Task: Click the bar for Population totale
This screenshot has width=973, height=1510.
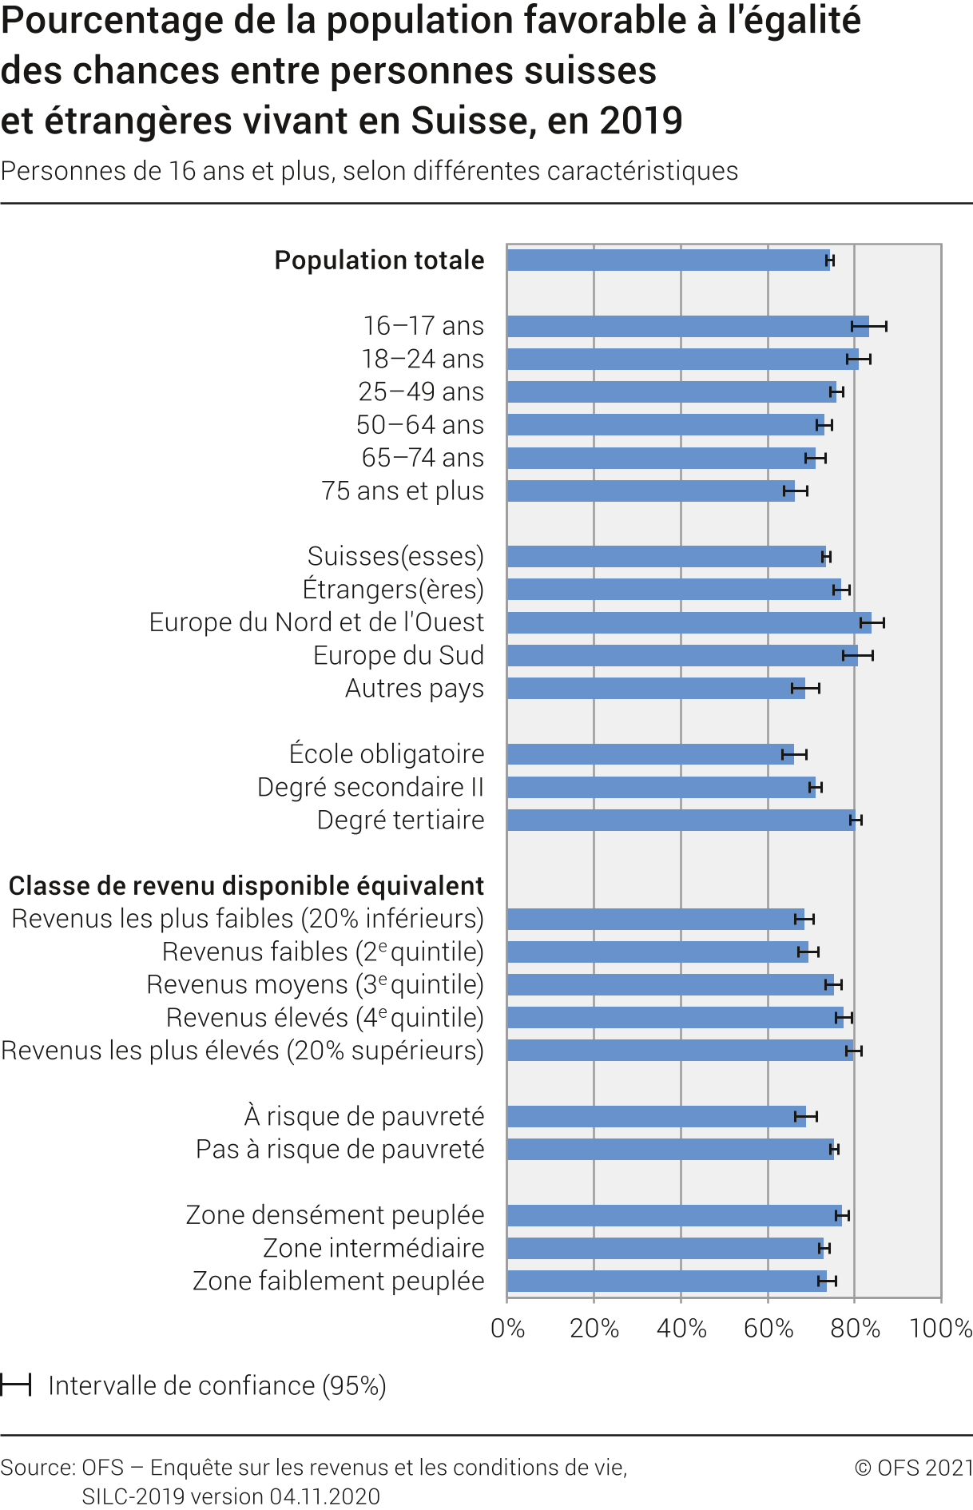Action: (x=668, y=260)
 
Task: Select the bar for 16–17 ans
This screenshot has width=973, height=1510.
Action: (x=687, y=326)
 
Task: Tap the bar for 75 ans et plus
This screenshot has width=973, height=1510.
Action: (x=650, y=491)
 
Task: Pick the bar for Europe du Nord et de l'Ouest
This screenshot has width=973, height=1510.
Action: (x=689, y=622)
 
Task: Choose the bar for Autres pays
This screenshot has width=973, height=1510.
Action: (x=655, y=688)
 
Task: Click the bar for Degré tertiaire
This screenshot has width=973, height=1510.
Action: (x=681, y=820)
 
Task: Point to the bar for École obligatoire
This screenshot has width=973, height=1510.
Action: (x=650, y=754)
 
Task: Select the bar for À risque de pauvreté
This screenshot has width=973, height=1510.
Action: (x=656, y=1116)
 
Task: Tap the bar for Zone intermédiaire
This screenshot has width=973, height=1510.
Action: (x=665, y=1248)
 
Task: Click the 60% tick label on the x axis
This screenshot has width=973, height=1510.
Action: (x=768, y=1329)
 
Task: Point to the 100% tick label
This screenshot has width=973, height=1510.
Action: (x=940, y=1329)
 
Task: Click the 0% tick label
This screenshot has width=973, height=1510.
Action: (x=508, y=1329)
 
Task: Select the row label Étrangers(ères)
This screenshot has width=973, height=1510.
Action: (x=393, y=590)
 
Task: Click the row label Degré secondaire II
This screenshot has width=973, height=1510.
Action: (x=371, y=787)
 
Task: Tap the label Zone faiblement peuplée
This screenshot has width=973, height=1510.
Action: (x=339, y=1281)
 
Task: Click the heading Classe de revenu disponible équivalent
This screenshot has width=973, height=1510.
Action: (x=246, y=886)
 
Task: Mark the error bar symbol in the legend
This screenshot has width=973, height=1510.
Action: (x=15, y=1385)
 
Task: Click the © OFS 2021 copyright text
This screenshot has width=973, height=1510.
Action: (x=913, y=1468)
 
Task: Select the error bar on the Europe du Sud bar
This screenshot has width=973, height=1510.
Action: (x=858, y=656)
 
